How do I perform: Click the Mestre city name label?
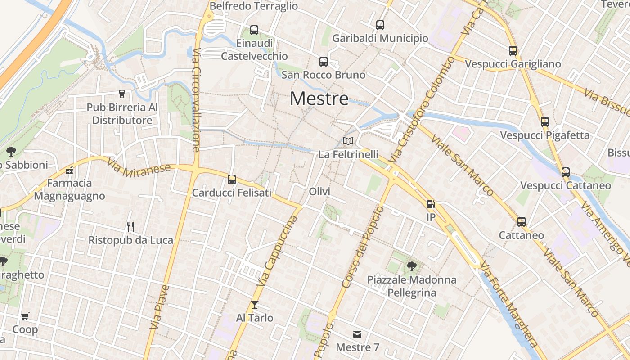319,99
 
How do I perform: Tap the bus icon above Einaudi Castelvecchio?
254,30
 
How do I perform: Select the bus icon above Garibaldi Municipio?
380,25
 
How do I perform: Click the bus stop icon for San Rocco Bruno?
323,62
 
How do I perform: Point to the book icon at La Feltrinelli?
348,141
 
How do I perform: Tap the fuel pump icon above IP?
431,204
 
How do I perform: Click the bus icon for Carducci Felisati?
232,180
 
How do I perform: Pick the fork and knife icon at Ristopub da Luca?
130,226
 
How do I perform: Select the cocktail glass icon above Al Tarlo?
255,305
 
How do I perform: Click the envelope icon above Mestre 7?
357,334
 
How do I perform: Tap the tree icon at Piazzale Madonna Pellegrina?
411,266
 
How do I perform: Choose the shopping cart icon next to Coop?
25,316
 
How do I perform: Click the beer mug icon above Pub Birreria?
122,94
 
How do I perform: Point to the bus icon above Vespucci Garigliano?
513,51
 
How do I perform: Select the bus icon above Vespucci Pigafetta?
545,121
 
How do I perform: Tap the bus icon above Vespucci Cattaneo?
566,172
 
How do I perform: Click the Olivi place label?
319,192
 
